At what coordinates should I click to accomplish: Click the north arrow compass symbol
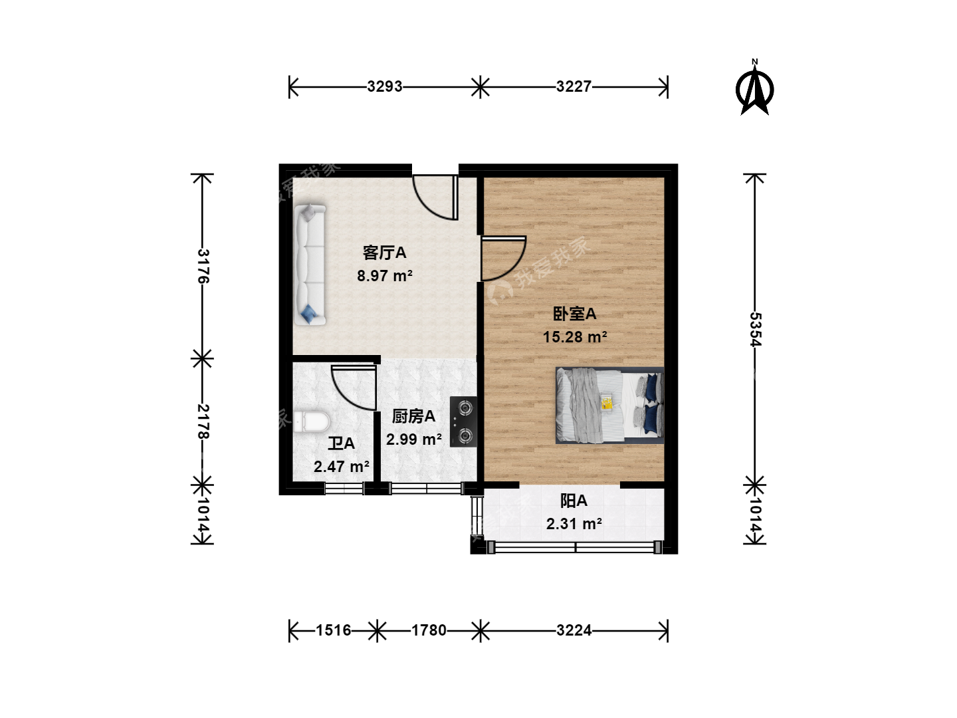(755, 88)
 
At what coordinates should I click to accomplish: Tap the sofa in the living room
(310, 265)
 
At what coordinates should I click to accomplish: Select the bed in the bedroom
(609, 406)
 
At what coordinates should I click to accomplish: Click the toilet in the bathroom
(312, 421)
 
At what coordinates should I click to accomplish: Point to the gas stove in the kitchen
(463, 421)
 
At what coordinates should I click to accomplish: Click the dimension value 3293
(385, 86)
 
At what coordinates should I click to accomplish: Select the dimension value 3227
(574, 86)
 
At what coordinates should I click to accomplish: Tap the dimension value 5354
(755, 329)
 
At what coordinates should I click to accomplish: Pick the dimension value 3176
(203, 266)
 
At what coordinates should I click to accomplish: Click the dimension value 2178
(203, 421)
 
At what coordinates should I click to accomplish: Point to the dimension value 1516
(334, 630)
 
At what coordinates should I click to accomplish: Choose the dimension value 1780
(429, 630)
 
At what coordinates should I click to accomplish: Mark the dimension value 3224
(574, 630)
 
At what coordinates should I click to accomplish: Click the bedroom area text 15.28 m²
(575, 336)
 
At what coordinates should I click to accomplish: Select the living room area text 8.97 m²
(385, 275)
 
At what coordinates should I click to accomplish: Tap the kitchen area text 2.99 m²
(414, 439)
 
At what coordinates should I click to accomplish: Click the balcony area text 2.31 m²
(574, 523)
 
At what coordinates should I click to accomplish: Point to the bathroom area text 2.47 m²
(342, 467)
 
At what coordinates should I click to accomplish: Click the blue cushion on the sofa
(309, 314)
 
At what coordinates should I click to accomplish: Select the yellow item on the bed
(607, 402)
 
